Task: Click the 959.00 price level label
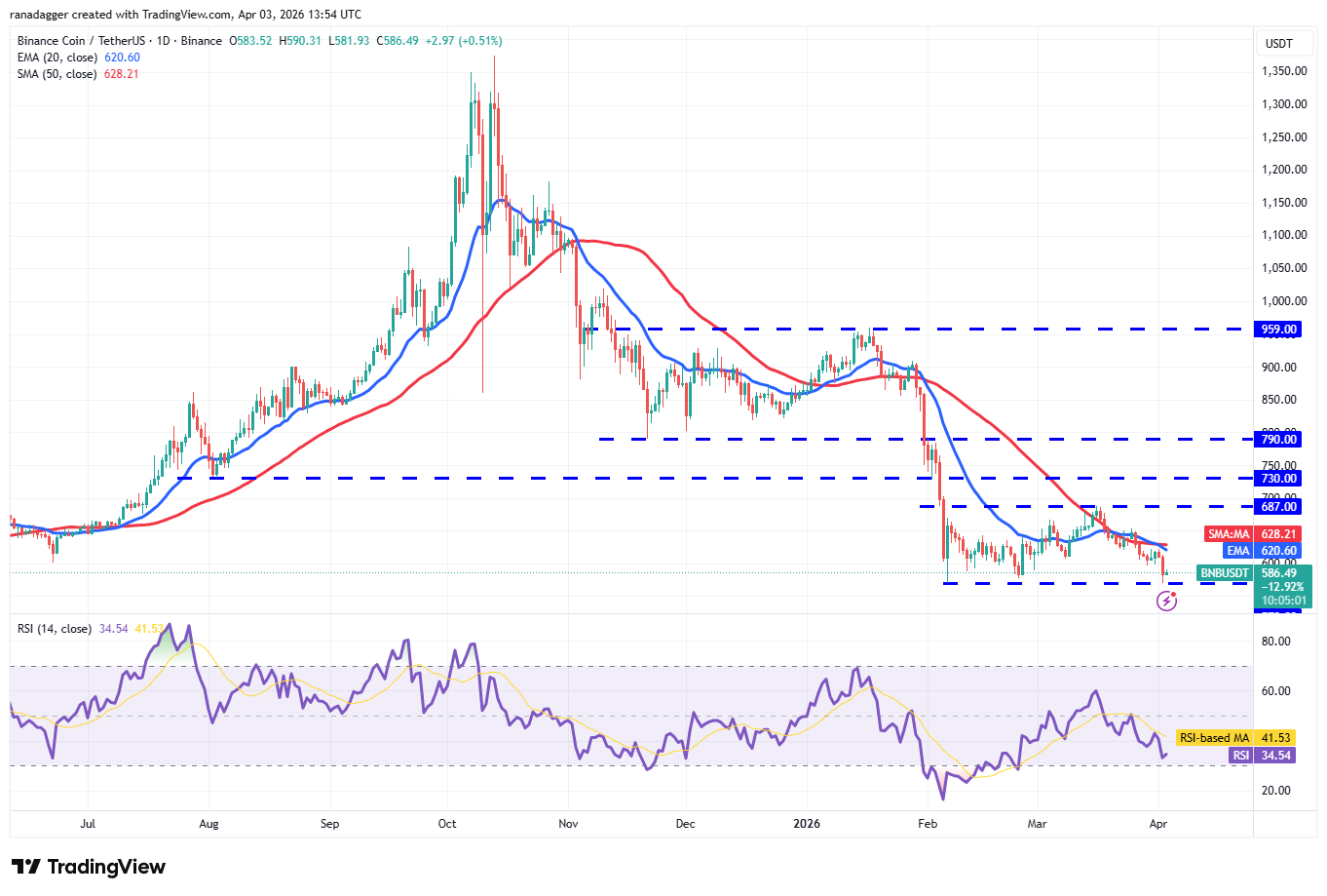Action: tap(1278, 330)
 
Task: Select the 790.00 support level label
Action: tap(1278, 440)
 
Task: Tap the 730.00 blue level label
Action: tap(1278, 479)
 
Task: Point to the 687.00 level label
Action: tap(1278, 507)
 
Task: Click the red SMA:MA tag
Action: tap(1229, 534)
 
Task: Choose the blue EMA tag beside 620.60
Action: tap(1237, 551)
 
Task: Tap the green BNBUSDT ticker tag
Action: tap(1224, 573)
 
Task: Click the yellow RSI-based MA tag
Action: tap(1214, 738)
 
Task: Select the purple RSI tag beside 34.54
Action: tap(1240, 756)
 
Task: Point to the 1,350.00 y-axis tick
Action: tap(1284, 71)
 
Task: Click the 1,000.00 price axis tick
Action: tap(1284, 301)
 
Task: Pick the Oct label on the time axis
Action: tap(447, 824)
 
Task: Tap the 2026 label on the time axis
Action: tap(807, 824)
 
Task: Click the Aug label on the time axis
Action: tap(209, 824)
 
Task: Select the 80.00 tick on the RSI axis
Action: tap(1276, 642)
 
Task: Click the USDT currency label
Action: tap(1278, 44)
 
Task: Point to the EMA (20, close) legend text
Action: tap(57, 58)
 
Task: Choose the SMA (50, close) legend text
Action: tap(57, 74)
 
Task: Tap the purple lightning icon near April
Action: tap(1166, 602)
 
